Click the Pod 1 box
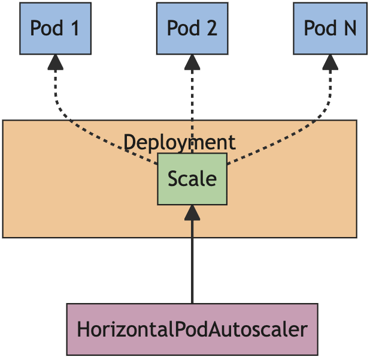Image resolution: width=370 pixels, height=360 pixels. pyautogui.click(x=55, y=28)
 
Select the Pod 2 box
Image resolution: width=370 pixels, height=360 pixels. pyautogui.click(x=192, y=28)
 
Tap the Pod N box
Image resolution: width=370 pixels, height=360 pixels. pyautogui.click(x=329, y=28)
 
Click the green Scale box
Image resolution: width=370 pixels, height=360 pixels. pyautogui.click(x=192, y=179)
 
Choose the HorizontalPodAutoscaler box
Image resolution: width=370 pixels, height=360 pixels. pyautogui.click(x=192, y=329)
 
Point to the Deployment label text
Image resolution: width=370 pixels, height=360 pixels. pyautogui.click(x=179, y=143)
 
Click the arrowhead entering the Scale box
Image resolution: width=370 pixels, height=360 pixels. pyautogui.click(x=192, y=211)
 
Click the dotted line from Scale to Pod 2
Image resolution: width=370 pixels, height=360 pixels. pyautogui.click(x=192, y=102)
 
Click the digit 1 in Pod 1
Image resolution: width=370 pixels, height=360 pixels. pyautogui.click(x=75, y=28)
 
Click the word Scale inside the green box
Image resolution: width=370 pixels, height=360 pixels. pyautogui.click(x=192, y=179)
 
